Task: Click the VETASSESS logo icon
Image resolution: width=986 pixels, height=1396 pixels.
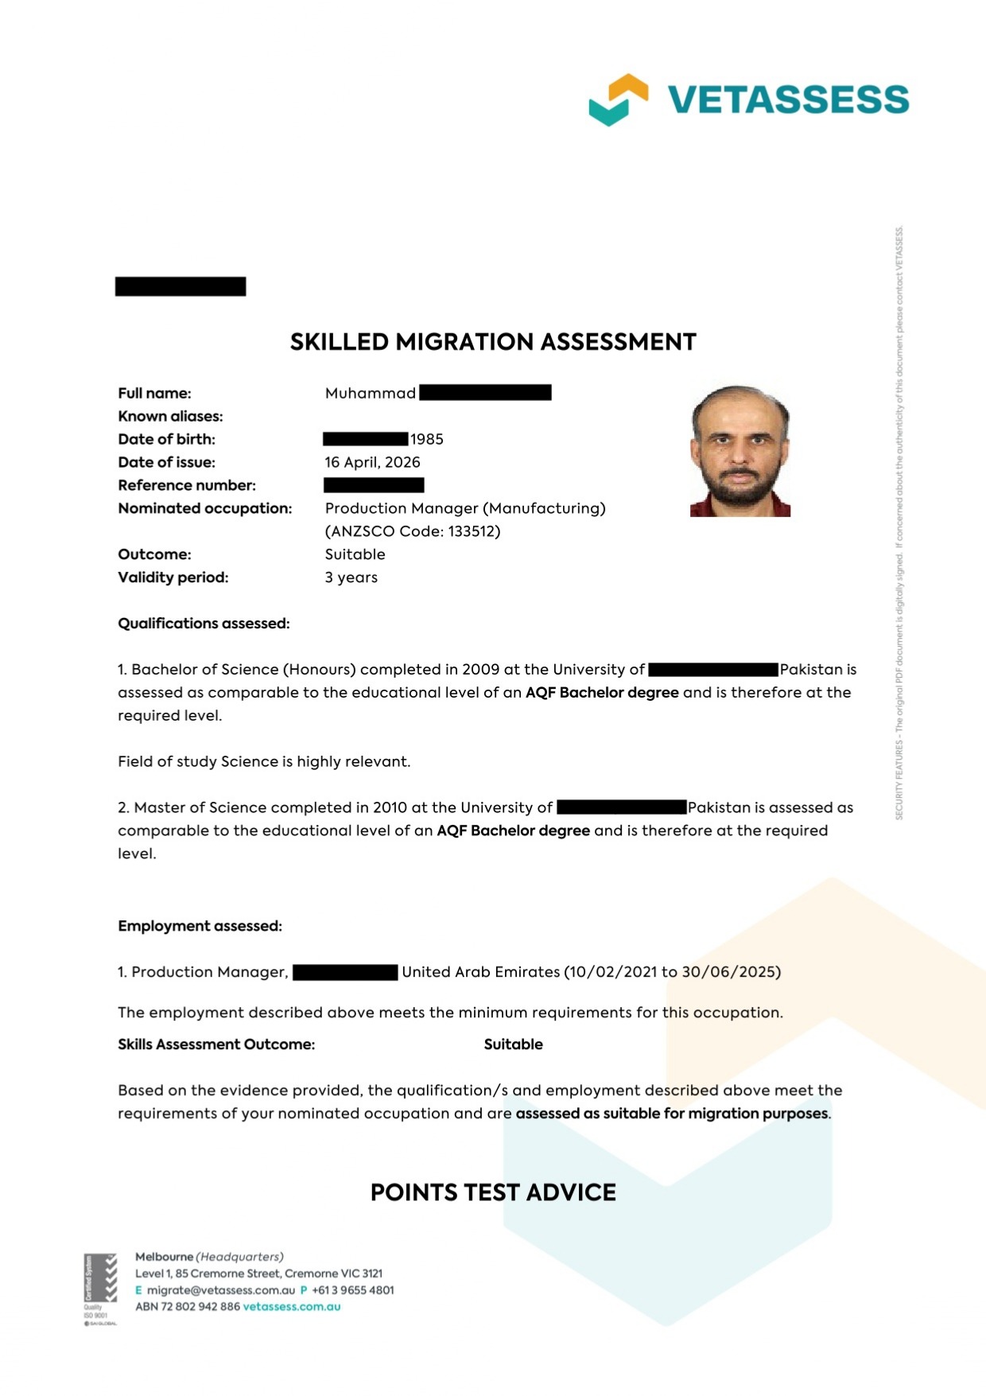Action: [618, 99]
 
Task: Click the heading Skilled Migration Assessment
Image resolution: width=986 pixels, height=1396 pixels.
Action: [493, 342]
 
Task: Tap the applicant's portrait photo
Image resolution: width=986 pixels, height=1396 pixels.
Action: [740, 451]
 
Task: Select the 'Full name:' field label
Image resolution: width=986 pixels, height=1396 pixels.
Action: [154, 393]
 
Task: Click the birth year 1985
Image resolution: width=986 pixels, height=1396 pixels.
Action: [427, 439]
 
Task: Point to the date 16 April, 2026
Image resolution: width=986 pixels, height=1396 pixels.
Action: [372, 462]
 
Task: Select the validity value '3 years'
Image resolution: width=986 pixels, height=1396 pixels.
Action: [351, 577]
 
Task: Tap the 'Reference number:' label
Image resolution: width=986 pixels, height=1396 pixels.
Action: [187, 485]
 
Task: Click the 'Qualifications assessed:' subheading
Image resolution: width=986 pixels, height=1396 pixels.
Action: [204, 624]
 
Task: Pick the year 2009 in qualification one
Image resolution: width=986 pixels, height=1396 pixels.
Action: [480, 670]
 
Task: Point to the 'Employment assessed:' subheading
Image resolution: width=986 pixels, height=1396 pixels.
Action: [200, 926]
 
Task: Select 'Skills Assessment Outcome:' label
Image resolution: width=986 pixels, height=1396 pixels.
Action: [216, 1044]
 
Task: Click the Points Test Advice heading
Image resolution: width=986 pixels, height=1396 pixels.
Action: [493, 1192]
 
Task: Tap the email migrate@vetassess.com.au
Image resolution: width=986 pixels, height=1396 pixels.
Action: [220, 1290]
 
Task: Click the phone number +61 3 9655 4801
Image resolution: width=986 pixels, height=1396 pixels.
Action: [352, 1290]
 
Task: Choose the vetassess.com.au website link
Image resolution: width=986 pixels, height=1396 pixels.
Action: [291, 1307]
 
